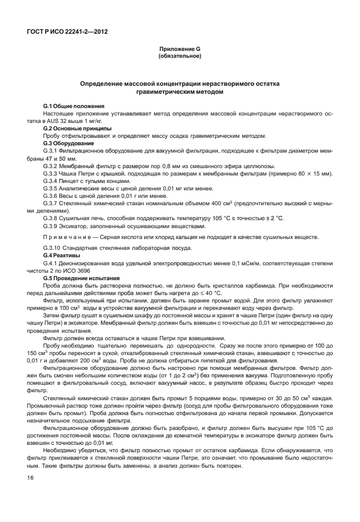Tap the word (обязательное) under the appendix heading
(x=179, y=57)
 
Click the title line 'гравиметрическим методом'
(x=179, y=91)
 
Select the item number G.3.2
(x=51, y=165)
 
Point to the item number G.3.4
(x=51, y=180)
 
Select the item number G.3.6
(x=51, y=195)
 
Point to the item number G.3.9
(x=51, y=225)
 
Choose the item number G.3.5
(x=51, y=188)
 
